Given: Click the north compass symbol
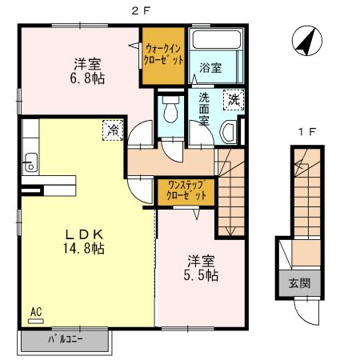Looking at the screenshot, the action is pyautogui.click(x=307, y=41).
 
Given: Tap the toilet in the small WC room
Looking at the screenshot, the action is pyautogui.click(x=170, y=110).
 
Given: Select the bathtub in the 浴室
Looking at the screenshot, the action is pyautogui.click(x=217, y=39).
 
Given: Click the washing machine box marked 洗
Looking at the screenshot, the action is pyautogui.click(x=234, y=100).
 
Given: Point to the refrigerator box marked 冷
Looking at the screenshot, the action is pyautogui.click(x=113, y=130).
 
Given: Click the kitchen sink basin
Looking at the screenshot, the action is pyautogui.click(x=30, y=162).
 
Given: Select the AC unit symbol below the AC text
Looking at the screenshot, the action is pyautogui.click(x=36, y=322).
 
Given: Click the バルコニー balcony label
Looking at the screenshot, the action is pyautogui.click(x=66, y=339).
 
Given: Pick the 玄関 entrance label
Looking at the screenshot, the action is pyautogui.click(x=300, y=283).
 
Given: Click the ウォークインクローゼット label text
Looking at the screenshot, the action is pyautogui.click(x=163, y=54).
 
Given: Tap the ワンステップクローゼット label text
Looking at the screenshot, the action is pyautogui.click(x=186, y=190).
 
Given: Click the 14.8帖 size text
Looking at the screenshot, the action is pyautogui.click(x=83, y=248).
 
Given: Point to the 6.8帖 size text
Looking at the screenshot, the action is pyautogui.click(x=87, y=78).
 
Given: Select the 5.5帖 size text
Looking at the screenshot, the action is pyautogui.click(x=201, y=275).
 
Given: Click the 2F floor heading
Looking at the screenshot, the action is pyautogui.click(x=141, y=11).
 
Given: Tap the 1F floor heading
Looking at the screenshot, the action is pyautogui.click(x=307, y=132).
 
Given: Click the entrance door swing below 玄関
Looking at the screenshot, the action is pyautogui.click(x=306, y=312).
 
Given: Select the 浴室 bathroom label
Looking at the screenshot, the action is pyautogui.click(x=210, y=68).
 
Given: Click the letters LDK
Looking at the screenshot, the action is pyautogui.click(x=84, y=234).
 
